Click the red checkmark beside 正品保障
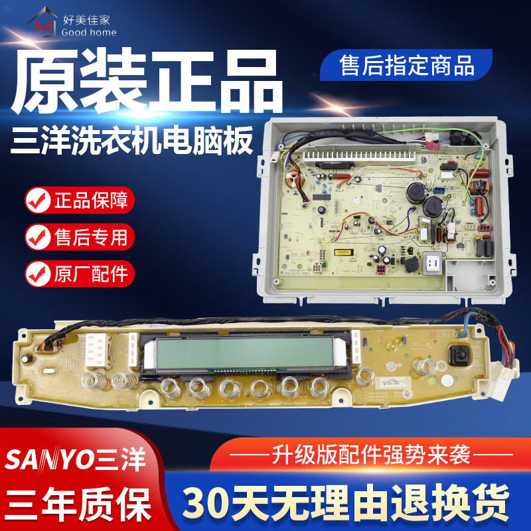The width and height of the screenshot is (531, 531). click(36, 199)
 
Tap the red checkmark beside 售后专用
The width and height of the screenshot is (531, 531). click(36, 236)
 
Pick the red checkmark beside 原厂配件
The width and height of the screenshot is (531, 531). click(36, 272)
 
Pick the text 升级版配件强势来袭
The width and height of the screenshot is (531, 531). click(370, 455)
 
